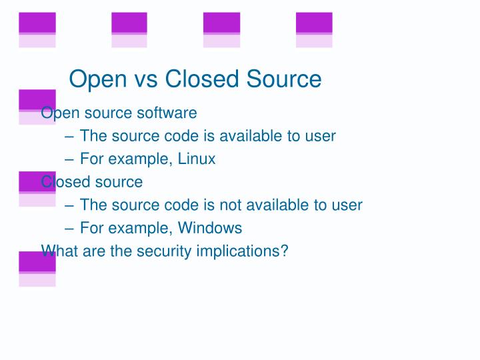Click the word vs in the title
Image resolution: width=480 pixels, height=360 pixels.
point(144,79)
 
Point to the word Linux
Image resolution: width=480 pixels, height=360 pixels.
point(197,159)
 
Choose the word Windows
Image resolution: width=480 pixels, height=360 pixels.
point(210,228)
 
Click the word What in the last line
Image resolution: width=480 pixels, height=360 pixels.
point(56,251)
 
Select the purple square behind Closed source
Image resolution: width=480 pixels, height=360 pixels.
point(37,182)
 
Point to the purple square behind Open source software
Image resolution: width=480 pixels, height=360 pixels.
point(37,99)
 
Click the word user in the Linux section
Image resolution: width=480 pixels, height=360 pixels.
point(320,136)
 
